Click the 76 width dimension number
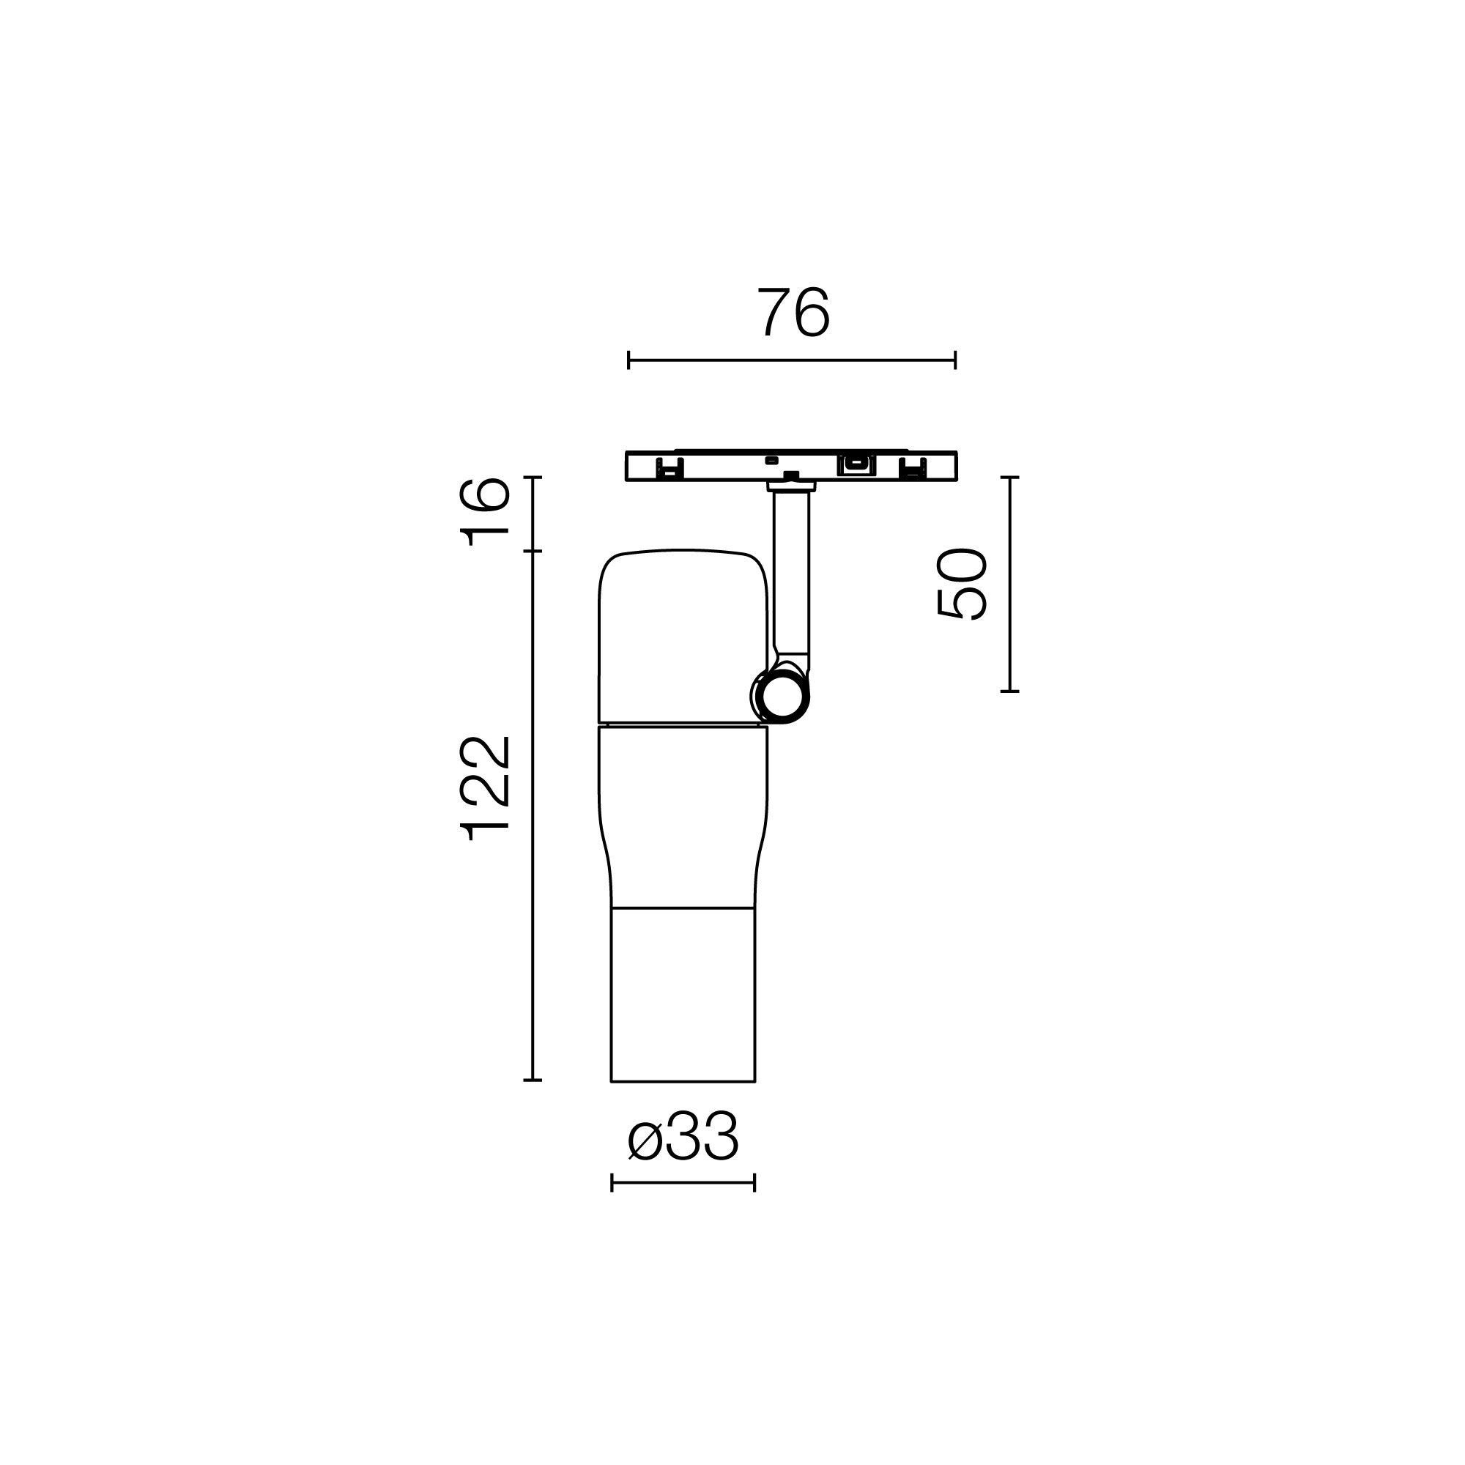[x=793, y=313]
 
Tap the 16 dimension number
[x=486, y=512]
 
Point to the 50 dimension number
[x=963, y=584]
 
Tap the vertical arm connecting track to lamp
[x=791, y=576]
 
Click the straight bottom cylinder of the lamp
[x=683, y=994]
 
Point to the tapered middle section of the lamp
[x=683, y=815]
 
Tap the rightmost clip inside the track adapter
[x=912, y=469]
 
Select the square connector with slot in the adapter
[x=856, y=464]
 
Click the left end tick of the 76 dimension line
[x=628, y=360]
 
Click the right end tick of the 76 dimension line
[x=955, y=360]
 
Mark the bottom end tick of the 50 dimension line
[x=1009, y=691]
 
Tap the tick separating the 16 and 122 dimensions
[x=533, y=552]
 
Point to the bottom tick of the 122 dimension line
[x=533, y=1079]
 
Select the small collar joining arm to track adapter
[x=791, y=486]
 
